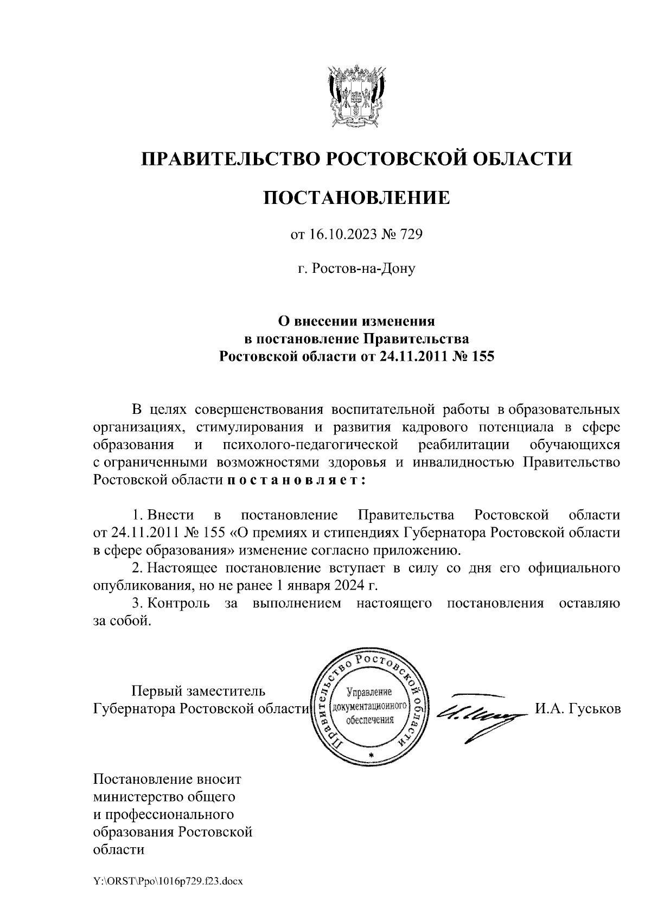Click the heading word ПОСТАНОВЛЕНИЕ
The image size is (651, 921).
[x=356, y=197]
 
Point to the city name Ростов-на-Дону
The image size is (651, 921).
[x=363, y=268]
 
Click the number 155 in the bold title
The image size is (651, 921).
[x=483, y=357]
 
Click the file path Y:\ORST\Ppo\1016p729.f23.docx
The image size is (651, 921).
[x=168, y=882]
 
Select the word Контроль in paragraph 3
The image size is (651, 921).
[x=179, y=603]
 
